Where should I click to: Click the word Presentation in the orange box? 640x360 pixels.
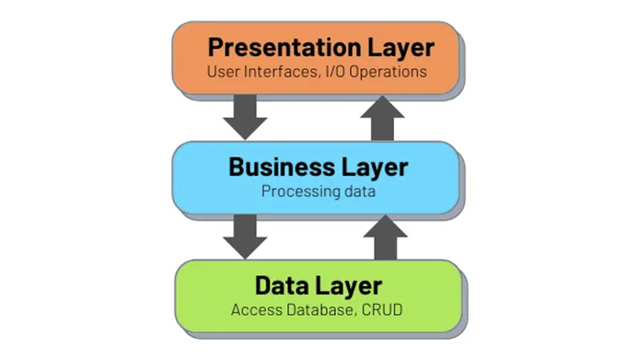(285, 47)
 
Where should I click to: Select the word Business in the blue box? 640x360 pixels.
(282, 168)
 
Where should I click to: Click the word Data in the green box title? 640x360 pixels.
(282, 285)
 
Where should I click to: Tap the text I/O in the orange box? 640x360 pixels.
(334, 72)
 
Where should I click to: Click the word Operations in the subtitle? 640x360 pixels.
(388, 72)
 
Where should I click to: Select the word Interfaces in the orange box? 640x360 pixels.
(282, 72)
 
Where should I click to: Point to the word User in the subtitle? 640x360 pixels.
(223, 72)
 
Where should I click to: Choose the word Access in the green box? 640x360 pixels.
(257, 310)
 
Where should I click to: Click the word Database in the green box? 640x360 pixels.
(320, 310)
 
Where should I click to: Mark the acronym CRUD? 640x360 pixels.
(382, 310)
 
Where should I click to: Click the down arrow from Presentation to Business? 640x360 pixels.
(245, 117)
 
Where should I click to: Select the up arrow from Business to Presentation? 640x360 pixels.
(382, 119)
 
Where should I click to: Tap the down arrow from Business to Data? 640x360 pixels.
(245, 237)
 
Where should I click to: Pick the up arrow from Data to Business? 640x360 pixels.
(385, 238)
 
